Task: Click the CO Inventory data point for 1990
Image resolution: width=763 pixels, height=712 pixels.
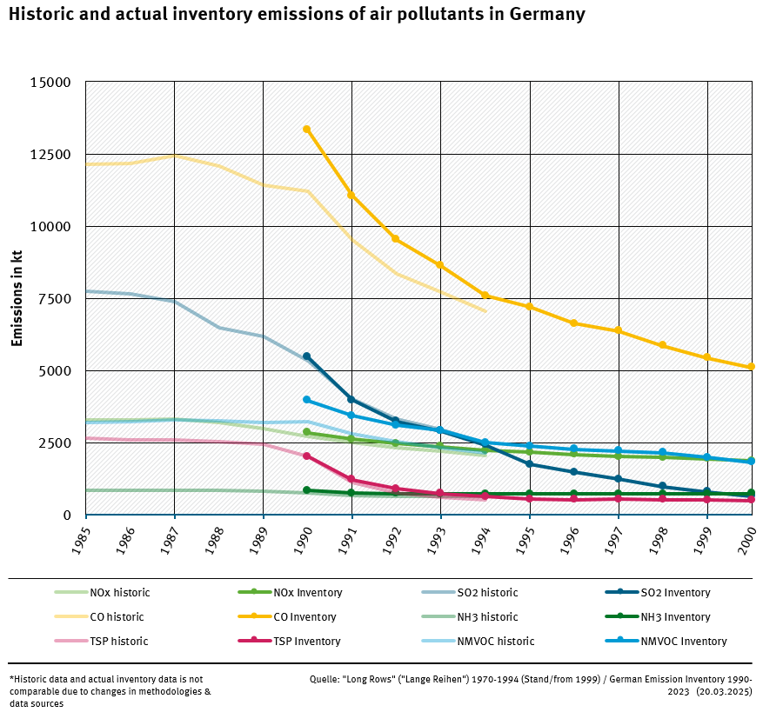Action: coord(306,130)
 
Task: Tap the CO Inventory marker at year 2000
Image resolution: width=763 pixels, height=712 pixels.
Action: coord(751,367)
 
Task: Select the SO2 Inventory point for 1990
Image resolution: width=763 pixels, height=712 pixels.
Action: coord(306,356)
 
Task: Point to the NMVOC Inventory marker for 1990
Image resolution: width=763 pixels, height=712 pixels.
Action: coord(306,400)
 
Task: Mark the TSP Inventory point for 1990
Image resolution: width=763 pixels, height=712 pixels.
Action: coord(306,456)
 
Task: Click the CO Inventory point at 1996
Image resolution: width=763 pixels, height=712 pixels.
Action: coord(573,323)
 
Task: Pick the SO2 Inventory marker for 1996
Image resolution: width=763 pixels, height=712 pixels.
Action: coord(573,472)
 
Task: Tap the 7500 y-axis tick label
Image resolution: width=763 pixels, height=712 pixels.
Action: coord(56,299)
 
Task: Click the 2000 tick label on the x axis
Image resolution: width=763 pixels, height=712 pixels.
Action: coord(748,539)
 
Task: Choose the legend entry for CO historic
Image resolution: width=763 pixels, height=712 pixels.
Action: coord(117,617)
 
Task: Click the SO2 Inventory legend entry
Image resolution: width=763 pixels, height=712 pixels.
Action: coord(675,593)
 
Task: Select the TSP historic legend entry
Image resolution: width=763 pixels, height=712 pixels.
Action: coord(118,642)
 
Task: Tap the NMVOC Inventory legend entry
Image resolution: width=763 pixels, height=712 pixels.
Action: coord(683,642)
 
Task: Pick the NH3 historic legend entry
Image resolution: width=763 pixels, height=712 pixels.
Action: coord(487,617)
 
